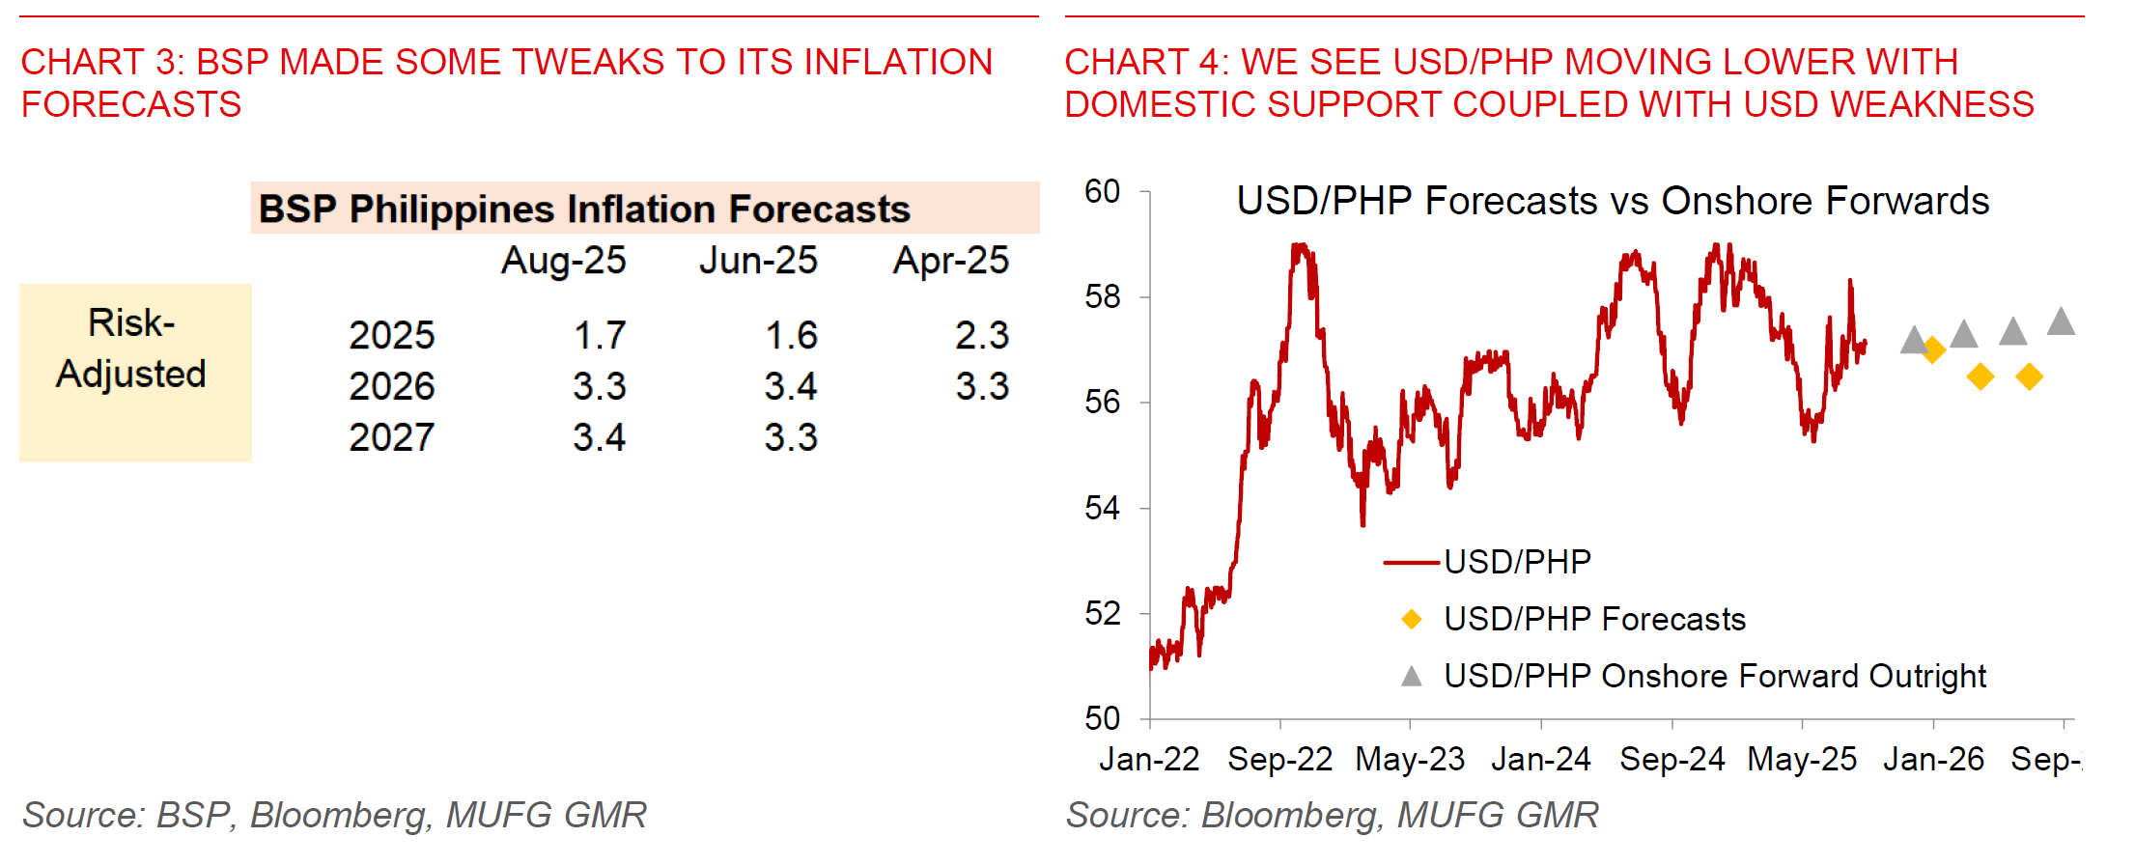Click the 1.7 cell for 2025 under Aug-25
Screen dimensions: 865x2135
pos(600,336)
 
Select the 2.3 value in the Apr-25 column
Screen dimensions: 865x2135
pos(982,336)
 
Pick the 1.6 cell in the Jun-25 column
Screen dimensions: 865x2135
pos(791,336)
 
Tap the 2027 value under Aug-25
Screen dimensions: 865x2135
pos(600,438)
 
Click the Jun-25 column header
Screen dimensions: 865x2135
pos(758,261)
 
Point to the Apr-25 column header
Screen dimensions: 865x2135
pos(951,261)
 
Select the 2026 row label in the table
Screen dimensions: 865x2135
pos(392,387)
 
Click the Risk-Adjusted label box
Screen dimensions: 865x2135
pos(134,372)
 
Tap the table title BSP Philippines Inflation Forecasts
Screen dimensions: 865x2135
pos(585,209)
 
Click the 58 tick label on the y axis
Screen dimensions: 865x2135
pos(1103,296)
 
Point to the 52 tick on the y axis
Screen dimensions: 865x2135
pos(1103,613)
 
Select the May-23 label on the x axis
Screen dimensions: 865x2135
pos(1410,760)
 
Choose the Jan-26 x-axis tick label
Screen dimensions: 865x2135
pos(1933,760)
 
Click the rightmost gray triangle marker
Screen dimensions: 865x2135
pos(2061,321)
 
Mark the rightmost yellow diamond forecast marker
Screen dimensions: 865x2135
pos(2029,377)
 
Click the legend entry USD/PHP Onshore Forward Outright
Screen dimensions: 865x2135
pos(1714,676)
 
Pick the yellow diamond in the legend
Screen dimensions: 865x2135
pos(1412,619)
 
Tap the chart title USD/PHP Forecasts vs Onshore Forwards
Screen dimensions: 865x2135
pos(1613,201)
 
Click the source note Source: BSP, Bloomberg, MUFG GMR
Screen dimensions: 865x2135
pos(334,815)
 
